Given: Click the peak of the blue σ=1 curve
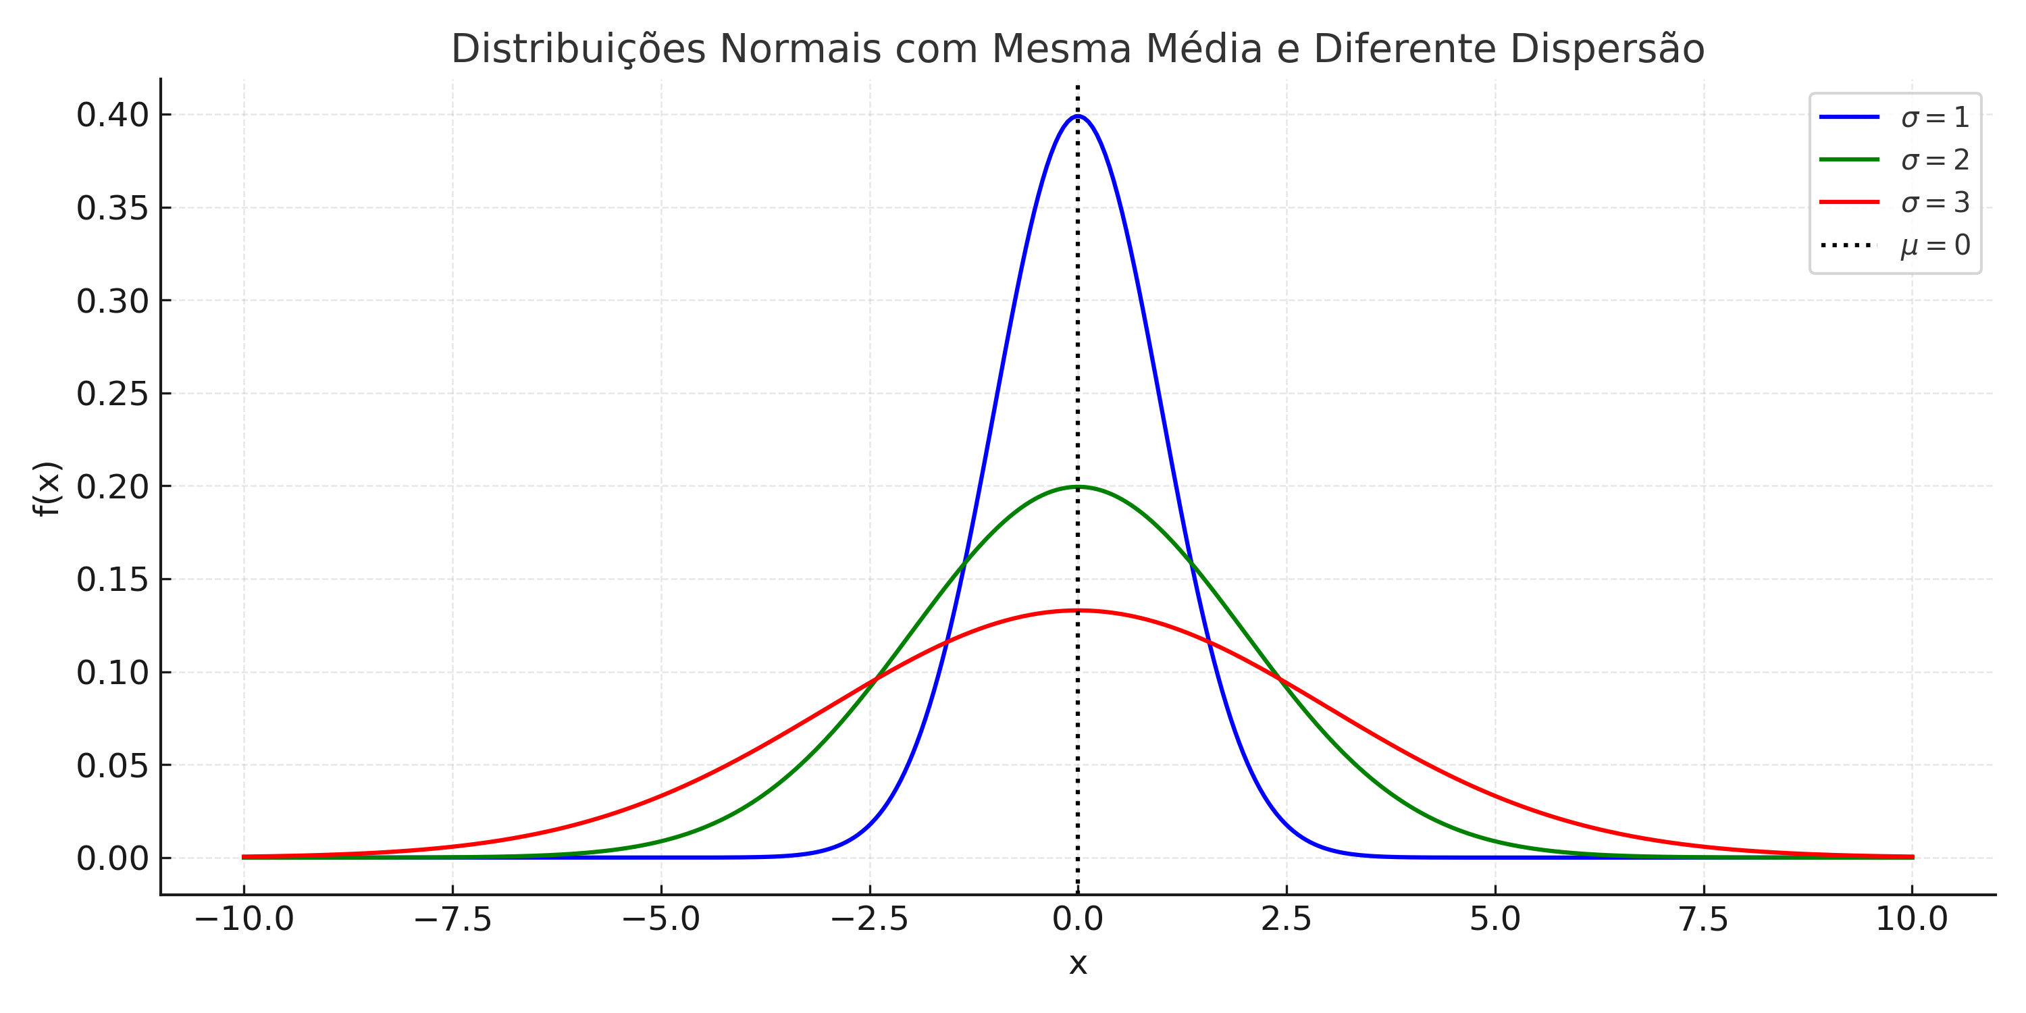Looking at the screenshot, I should click(1077, 116).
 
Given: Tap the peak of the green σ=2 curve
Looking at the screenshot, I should click(1077, 487).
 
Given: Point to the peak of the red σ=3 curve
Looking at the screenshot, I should click(1077, 611).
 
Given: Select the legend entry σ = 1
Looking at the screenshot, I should click(1935, 118).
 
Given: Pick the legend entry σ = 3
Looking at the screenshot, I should click(1935, 203).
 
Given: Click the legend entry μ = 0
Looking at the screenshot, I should click(1935, 245).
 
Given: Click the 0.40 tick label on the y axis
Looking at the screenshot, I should click(113, 115).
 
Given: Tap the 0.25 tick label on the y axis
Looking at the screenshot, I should click(113, 394).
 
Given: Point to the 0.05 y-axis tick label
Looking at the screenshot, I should click(113, 766).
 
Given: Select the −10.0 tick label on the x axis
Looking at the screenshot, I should click(244, 918).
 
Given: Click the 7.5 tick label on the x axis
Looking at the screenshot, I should click(1704, 918).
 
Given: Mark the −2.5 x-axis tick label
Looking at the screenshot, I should click(869, 918).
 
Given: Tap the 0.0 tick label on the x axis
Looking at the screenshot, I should click(1077, 918).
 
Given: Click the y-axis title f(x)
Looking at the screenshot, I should click(47, 488).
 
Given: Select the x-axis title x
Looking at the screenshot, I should click(1077, 964).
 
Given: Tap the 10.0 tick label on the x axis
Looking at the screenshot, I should click(1911, 918).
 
